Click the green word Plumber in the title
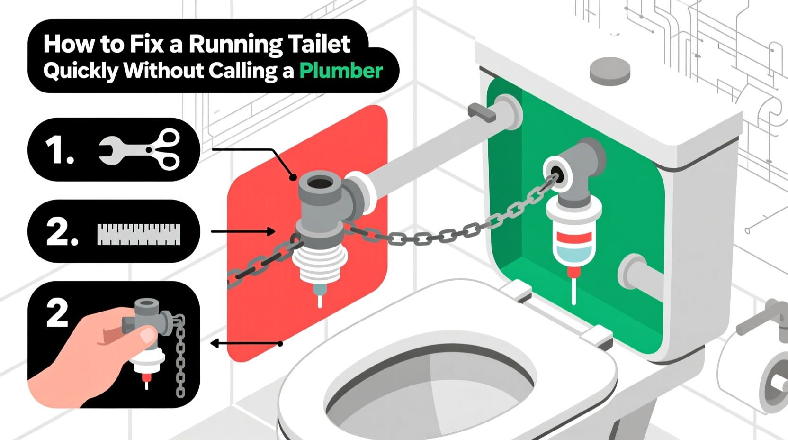tap(341, 71)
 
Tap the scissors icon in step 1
tap(163, 149)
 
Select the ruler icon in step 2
tap(138, 234)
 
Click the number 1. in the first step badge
tap(59, 150)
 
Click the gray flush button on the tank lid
tap(610, 71)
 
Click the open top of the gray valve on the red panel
tap(320, 183)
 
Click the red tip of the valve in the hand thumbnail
tap(147, 377)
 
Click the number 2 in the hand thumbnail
tap(57, 313)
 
